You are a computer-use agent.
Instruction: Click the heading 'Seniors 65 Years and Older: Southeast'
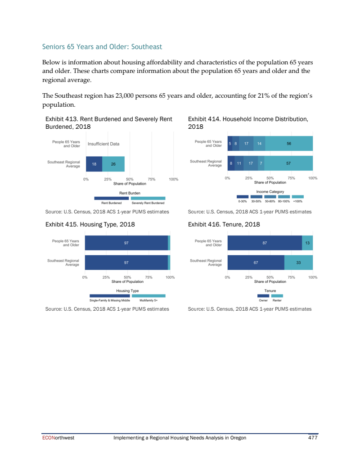pyautogui.click(x=102, y=46)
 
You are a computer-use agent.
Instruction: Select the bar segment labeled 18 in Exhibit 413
pyautogui.click(x=94, y=164)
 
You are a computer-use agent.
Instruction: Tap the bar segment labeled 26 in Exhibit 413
pyautogui.click(x=113, y=164)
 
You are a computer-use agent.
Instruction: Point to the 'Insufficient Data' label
pyautogui.click(x=103, y=144)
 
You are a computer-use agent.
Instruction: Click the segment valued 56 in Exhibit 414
pyautogui.click(x=289, y=144)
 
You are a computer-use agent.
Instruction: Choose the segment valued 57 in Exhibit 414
pyautogui.click(x=288, y=163)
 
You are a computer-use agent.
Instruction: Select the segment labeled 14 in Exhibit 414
pyautogui.click(x=259, y=144)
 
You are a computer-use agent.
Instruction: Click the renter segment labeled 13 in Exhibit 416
pyautogui.click(x=307, y=243)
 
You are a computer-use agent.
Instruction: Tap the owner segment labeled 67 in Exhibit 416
pyautogui.click(x=256, y=262)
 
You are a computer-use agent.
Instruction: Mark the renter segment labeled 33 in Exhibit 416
pyautogui.click(x=298, y=262)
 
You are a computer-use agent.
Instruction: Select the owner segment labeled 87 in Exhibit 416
pyautogui.click(x=265, y=243)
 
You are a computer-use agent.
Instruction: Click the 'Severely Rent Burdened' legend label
pyautogui.click(x=148, y=203)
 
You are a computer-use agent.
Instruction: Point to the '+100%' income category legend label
pyautogui.click(x=297, y=201)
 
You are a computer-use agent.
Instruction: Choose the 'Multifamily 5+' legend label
pyautogui.click(x=148, y=300)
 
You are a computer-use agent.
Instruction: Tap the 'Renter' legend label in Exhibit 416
pyautogui.click(x=277, y=300)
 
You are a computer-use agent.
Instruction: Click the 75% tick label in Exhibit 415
pyautogui.click(x=148, y=277)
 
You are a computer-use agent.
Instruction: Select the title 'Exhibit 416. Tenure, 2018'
pyautogui.click(x=224, y=224)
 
